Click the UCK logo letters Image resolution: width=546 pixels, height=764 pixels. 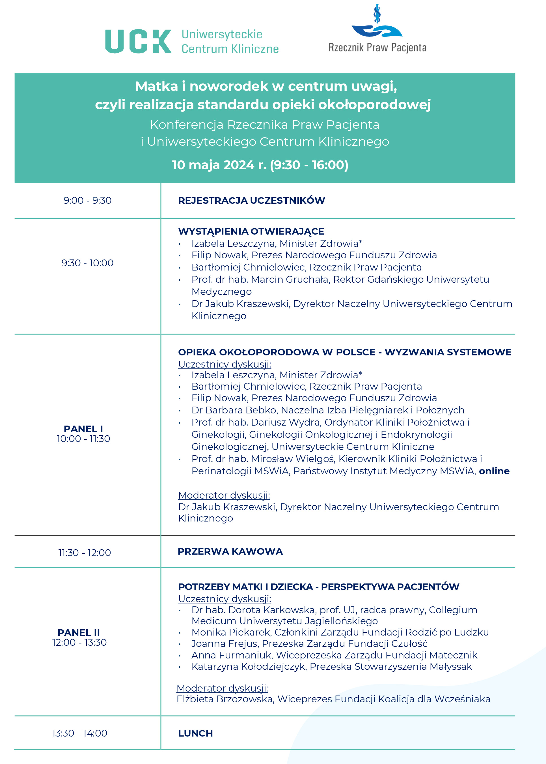138,41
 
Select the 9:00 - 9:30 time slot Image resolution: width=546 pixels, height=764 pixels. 87,201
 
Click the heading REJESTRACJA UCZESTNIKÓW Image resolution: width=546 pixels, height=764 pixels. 251,201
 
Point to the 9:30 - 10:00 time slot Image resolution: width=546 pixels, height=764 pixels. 87,263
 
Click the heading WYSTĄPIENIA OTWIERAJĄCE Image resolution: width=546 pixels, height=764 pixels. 251,231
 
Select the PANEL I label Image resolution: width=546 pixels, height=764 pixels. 83,429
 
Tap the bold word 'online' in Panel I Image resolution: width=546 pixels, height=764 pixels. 494,471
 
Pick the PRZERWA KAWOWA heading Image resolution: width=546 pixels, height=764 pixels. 230,551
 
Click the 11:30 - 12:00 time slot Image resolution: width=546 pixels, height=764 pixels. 84,553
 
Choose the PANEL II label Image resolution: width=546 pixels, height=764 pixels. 79,632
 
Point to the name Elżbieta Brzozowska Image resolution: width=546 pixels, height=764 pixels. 224,699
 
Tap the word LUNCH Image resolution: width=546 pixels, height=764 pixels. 195,733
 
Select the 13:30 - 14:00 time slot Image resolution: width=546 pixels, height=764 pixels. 80,733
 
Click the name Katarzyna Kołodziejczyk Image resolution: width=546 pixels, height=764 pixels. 249,666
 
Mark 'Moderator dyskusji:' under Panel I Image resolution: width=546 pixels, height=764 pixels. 224,495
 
